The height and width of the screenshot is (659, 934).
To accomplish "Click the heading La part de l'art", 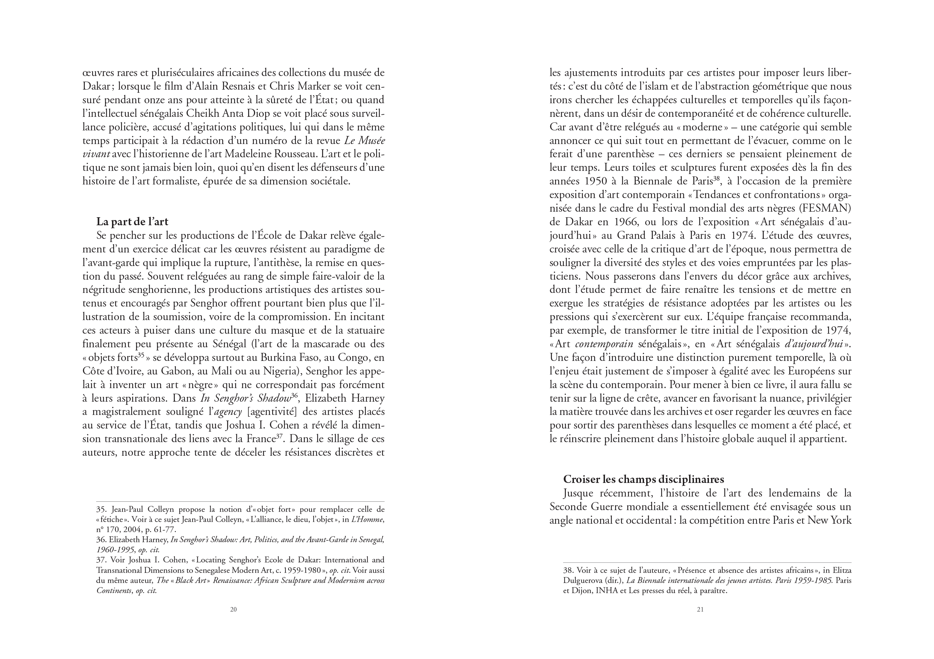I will pos(132,221).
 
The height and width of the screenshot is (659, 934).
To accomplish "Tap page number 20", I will pos(233,609).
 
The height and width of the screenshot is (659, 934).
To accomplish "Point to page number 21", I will pos(700,609).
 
